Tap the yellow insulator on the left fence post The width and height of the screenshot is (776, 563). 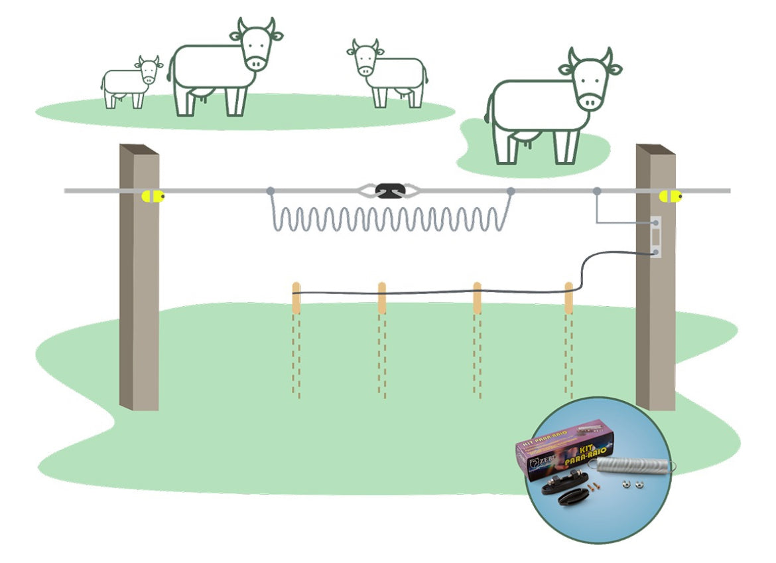tap(153, 196)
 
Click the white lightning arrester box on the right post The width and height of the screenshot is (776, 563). tap(655, 237)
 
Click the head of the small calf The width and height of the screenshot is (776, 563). tap(149, 70)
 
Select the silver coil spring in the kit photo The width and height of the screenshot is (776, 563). tap(633, 464)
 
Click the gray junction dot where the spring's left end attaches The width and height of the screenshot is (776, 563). tap(271, 191)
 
